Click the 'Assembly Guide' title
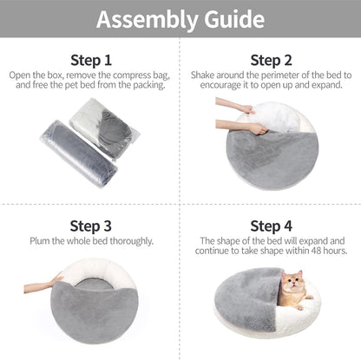(180, 18)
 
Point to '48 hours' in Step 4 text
(318, 251)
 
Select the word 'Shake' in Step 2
(198, 75)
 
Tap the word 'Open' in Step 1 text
(22, 75)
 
